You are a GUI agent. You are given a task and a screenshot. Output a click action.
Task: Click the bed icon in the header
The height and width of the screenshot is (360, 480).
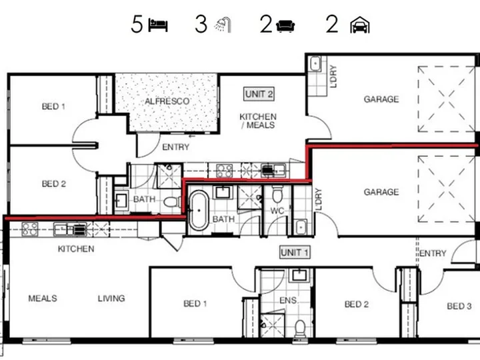coord(158,25)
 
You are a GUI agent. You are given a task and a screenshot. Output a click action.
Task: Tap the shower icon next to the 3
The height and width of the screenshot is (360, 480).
coord(223,25)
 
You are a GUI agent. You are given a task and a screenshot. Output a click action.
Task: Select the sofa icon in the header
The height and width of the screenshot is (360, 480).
coord(285,26)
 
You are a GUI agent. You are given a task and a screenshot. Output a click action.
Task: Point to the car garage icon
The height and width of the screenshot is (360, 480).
coord(360,25)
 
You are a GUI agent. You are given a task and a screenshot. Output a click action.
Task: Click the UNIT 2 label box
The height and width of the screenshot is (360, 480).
coord(259,94)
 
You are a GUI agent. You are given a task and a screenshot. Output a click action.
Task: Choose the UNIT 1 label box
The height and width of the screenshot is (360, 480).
coord(295,253)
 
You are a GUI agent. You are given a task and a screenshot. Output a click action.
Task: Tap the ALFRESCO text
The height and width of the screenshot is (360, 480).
coord(167,101)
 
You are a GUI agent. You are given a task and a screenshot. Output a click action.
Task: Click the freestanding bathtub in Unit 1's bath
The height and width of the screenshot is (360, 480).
coord(199,210)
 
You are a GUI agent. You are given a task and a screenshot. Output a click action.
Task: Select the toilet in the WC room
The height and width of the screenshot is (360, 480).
coord(277,195)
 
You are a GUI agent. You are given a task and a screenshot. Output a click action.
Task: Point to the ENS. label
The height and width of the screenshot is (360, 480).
coord(289,301)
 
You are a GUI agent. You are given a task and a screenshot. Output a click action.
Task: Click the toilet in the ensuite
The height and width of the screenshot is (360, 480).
coord(300,328)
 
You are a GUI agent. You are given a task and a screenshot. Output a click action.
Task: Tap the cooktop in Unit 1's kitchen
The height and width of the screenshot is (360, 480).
coord(30,229)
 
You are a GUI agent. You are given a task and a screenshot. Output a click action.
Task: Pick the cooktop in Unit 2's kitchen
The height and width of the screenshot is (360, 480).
coord(225,171)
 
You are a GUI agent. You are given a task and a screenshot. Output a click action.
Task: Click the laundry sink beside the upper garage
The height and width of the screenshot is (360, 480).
coord(315,64)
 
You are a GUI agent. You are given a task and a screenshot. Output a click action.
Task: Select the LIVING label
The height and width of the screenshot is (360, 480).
coord(111,298)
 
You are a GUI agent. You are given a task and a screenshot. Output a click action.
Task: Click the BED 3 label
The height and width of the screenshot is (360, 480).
coord(459,306)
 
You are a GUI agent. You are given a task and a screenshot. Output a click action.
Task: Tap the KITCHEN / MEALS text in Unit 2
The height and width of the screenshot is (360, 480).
coord(258,121)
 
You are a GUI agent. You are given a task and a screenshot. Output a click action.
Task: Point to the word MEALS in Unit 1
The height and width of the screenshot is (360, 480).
coord(43,298)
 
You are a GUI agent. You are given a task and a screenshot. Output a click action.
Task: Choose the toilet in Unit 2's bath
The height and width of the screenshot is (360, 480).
coord(173,202)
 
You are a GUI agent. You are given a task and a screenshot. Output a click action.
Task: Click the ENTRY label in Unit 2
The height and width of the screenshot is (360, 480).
coord(176,147)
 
